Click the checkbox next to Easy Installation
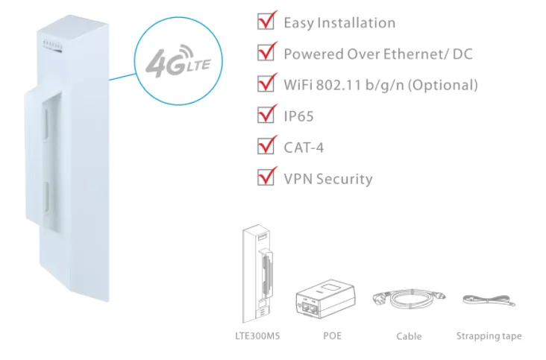tap(265, 22)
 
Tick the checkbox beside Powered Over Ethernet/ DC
tap(265, 54)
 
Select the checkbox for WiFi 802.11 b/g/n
tap(265, 84)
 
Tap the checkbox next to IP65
tap(265, 116)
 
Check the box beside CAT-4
tap(265, 147)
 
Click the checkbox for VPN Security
tap(265, 178)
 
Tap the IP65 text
tap(298, 116)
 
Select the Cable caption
tap(409, 336)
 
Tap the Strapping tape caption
tap(489, 336)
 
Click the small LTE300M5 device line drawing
tap(256, 272)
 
